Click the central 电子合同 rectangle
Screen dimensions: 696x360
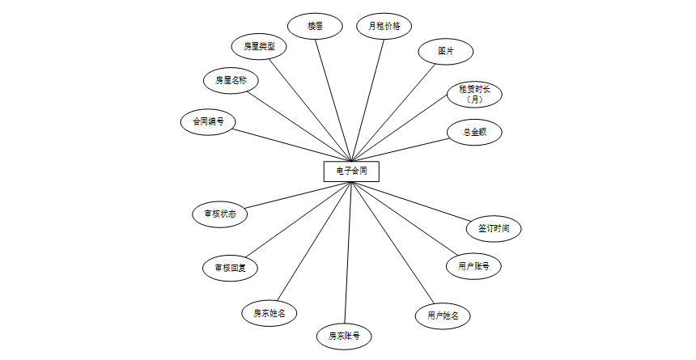coord(351,172)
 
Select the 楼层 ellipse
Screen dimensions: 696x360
coord(316,26)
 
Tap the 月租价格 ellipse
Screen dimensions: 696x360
coord(384,26)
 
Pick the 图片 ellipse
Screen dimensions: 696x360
coord(446,50)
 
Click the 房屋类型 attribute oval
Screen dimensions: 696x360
coord(259,46)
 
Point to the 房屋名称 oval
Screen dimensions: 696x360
coord(231,80)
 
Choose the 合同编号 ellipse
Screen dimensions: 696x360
coord(208,122)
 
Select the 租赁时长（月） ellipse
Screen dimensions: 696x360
coord(475,95)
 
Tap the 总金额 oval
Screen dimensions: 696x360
coord(475,132)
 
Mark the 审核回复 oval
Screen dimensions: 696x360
coord(231,268)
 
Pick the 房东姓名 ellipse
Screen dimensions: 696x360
coord(269,312)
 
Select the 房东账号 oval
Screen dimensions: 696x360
coord(344,335)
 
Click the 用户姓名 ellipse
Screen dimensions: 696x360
coord(443,316)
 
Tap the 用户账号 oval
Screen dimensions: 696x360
coord(473,265)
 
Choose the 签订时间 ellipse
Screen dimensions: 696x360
coord(494,228)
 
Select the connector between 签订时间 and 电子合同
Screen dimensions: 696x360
coord(413,201)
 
